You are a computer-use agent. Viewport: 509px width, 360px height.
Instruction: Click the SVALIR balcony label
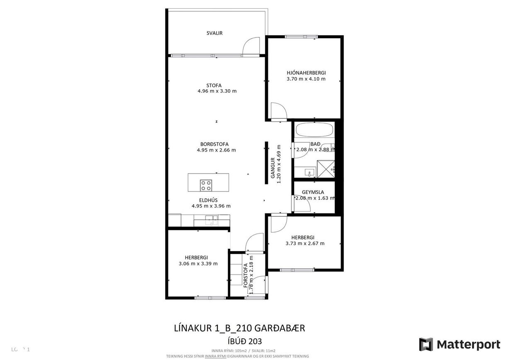pyautogui.click(x=214, y=33)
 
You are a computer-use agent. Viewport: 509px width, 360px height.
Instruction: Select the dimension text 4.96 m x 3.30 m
pyautogui.click(x=217, y=91)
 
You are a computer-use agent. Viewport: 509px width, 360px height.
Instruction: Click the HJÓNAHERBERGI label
pyautogui.click(x=306, y=73)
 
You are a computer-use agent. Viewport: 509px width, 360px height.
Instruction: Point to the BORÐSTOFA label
pyautogui.click(x=214, y=144)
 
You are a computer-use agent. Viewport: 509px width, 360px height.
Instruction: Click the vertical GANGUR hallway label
pyautogui.click(x=273, y=168)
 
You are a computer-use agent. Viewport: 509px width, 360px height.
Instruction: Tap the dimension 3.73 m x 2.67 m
pyautogui.click(x=305, y=243)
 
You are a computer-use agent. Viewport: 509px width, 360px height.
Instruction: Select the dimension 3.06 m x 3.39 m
pyautogui.click(x=198, y=263)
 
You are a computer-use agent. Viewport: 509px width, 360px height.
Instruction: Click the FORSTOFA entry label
pyautogui.click(x=246, y=276)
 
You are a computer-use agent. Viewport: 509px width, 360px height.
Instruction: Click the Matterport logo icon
pyautogui.click(x=426, y=344)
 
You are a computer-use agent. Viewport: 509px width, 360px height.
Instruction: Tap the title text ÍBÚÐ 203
pyautogui.click(x=239, y=341)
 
